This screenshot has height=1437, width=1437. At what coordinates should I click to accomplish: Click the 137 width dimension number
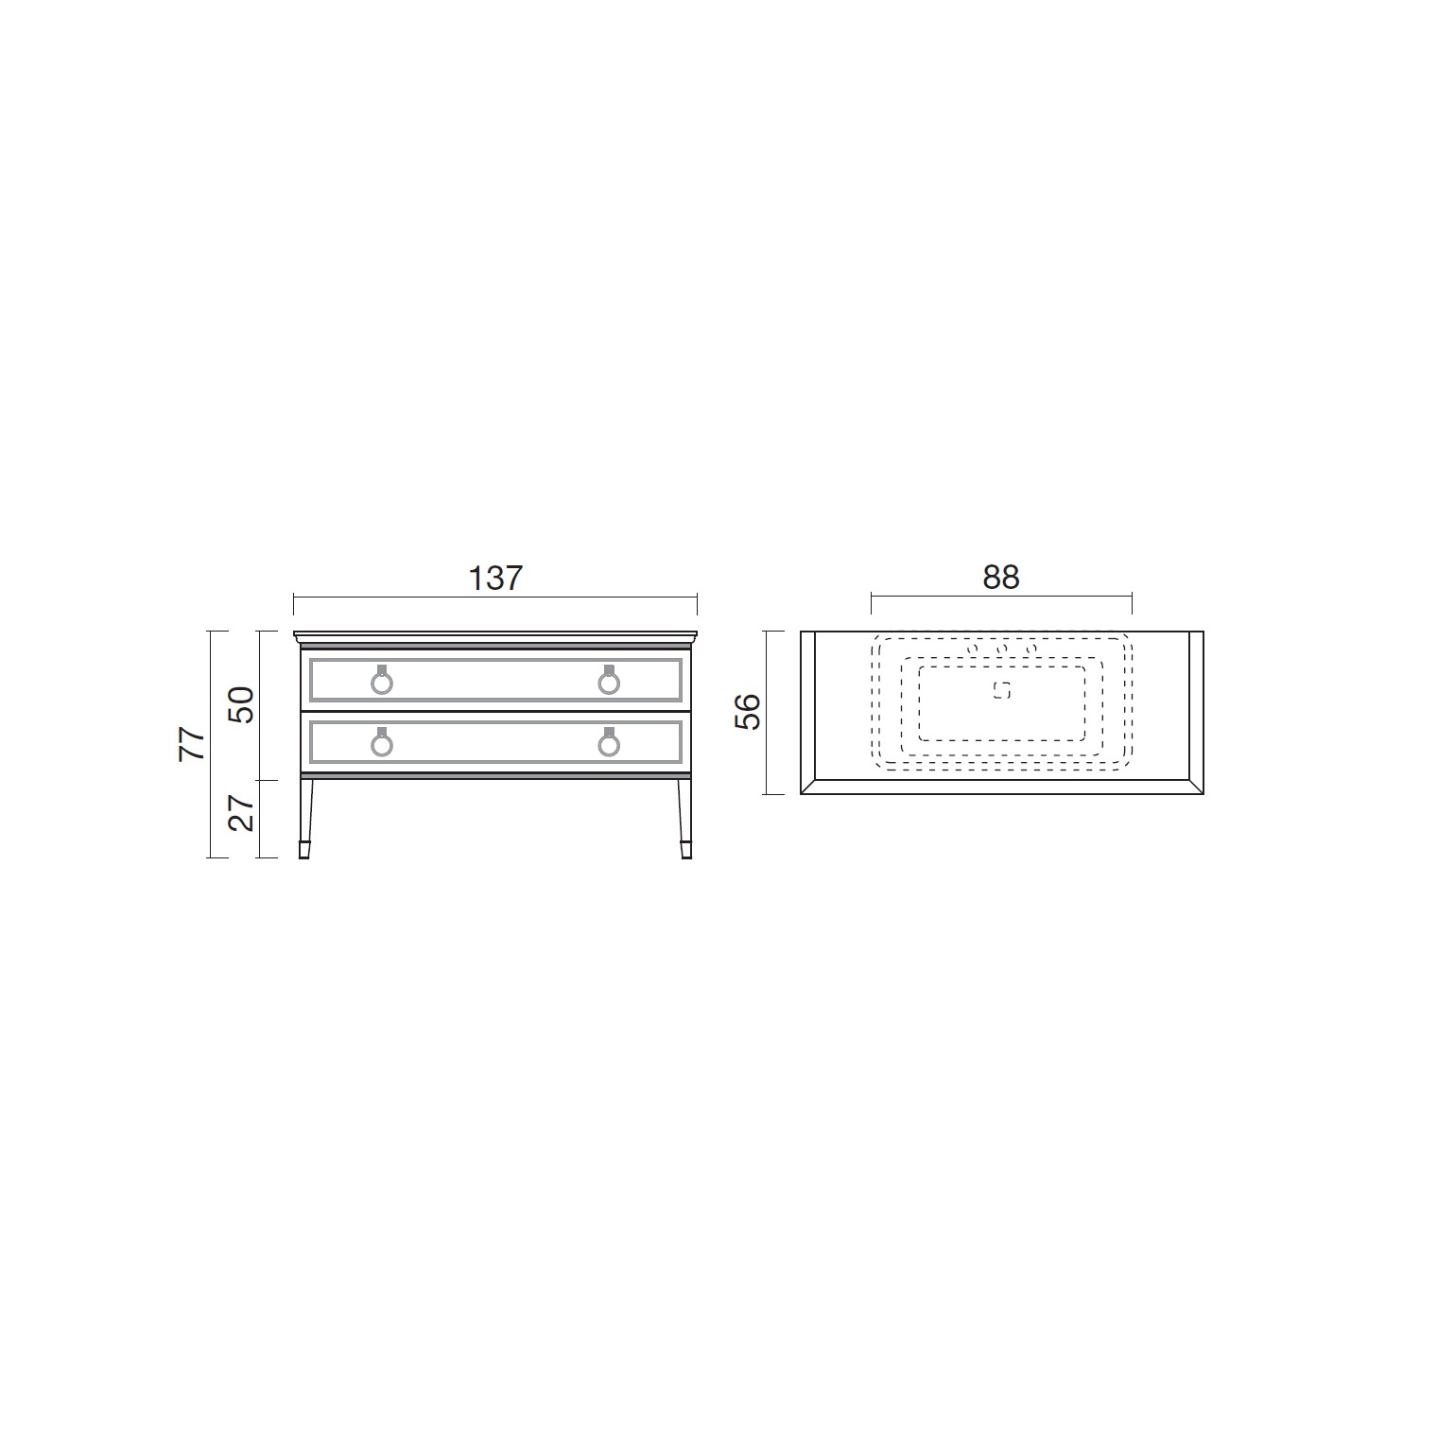495,578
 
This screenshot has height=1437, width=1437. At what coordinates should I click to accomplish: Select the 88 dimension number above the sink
1001,578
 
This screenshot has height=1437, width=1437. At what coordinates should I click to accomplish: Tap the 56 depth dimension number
747,712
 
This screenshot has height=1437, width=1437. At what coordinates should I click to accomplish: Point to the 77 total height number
193,744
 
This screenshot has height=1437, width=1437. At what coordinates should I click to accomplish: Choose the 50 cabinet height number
242,705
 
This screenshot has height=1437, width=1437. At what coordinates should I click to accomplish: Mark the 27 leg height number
242,812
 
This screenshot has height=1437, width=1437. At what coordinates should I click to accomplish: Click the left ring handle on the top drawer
382,680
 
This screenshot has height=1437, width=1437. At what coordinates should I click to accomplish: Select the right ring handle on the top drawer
609,680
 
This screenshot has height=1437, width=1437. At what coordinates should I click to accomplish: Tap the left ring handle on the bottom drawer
382,742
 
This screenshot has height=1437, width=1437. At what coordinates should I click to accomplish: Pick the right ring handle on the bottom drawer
609,742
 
